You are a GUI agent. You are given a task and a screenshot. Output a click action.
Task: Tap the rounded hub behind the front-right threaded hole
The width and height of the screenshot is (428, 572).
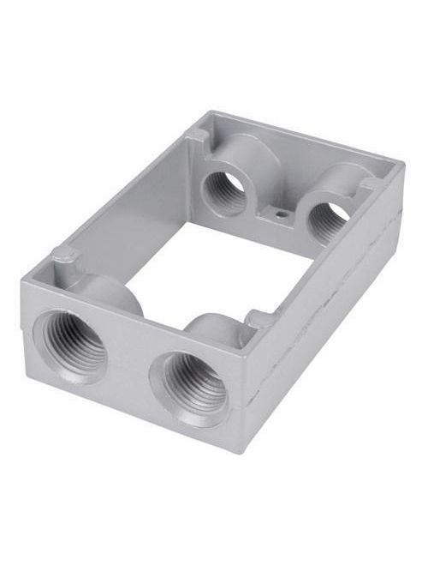pos(212,330)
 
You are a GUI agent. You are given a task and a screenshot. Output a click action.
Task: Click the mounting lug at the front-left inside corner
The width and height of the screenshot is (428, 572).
pos(62,256)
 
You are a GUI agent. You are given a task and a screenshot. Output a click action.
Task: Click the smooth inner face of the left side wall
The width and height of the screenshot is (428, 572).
pos(128,206)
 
